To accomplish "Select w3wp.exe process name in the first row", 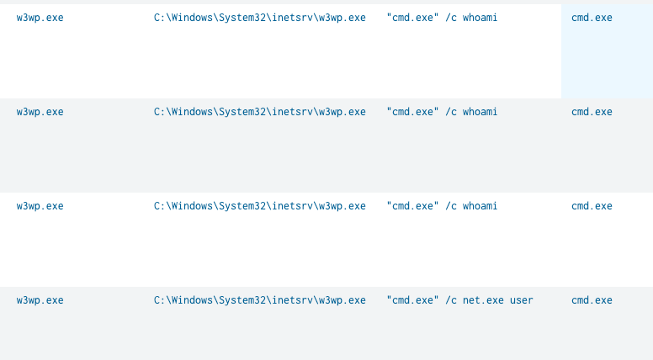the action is [x=40, y=18].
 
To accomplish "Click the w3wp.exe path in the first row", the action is [x=260, y=18].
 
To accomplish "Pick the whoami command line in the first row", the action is [x=442, y=18].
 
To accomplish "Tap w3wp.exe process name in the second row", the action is [x=40, y=113].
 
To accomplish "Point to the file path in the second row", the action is [x=260, y=113].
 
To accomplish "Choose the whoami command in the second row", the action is [x=442, y=113].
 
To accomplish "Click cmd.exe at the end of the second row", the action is [x=592, y=113].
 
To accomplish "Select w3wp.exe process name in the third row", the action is [x=40, y=206].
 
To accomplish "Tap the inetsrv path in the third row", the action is [x=260, y=206].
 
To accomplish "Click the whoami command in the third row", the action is [x=442, y=206].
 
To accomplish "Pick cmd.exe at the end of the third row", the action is [x=592, y=206].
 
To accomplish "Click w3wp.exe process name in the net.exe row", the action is [x=40, y=300].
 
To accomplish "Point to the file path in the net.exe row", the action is [x=260, y=300].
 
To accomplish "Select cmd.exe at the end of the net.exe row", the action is [x=592, y=300].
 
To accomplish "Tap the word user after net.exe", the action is [x=522, y=300].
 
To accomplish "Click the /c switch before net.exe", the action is [x=451, y=300].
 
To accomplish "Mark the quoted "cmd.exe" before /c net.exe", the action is [x=412, y=300].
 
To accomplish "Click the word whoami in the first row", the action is [x=480, y=18].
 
